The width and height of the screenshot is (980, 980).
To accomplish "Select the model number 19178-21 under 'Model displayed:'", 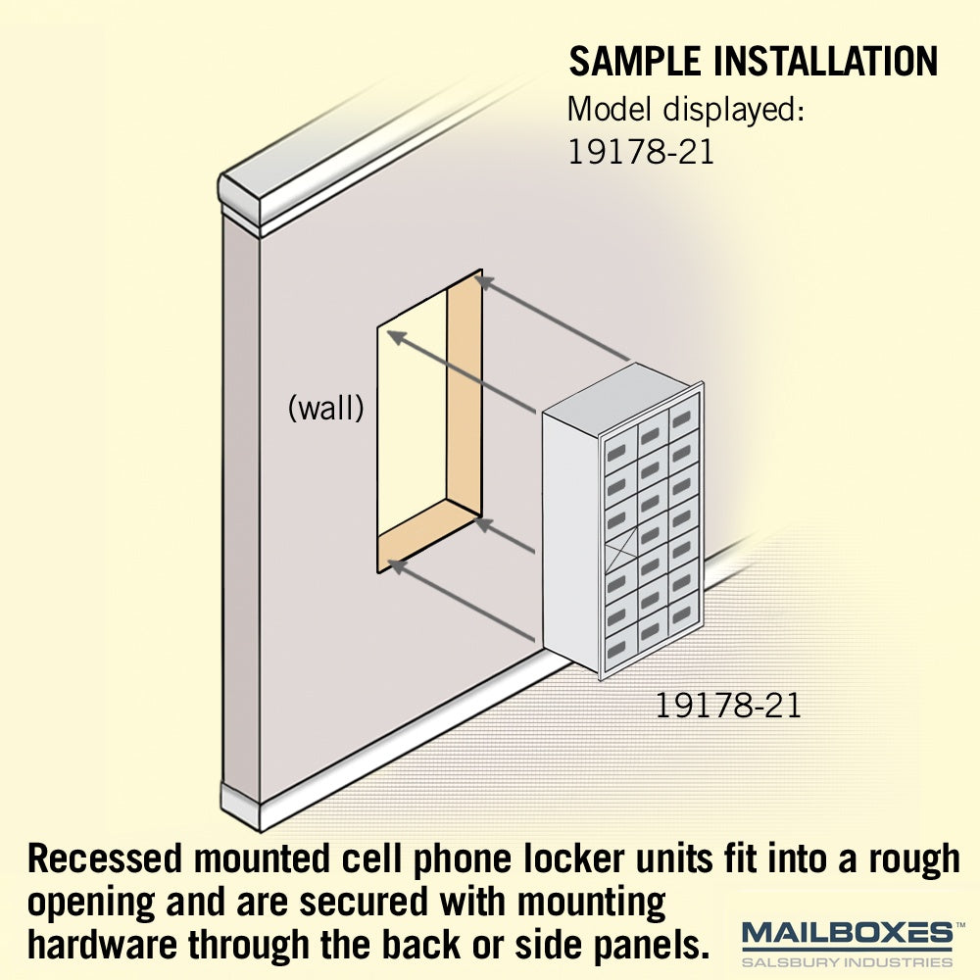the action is click(641, 152).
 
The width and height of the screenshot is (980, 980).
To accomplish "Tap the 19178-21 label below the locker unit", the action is click(728, 706).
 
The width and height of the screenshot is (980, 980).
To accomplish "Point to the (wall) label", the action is click(325, 409).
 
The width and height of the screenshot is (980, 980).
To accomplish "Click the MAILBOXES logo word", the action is click(847, 933).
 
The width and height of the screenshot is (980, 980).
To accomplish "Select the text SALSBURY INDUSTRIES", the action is click(847, 961).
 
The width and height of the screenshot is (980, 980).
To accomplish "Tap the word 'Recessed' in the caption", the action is click(105, 858).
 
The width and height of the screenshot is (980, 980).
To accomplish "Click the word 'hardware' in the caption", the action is click(103, 945).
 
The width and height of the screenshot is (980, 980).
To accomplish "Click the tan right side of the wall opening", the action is click(465, 394).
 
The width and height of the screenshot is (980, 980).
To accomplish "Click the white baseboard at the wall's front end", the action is click(241, 807).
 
